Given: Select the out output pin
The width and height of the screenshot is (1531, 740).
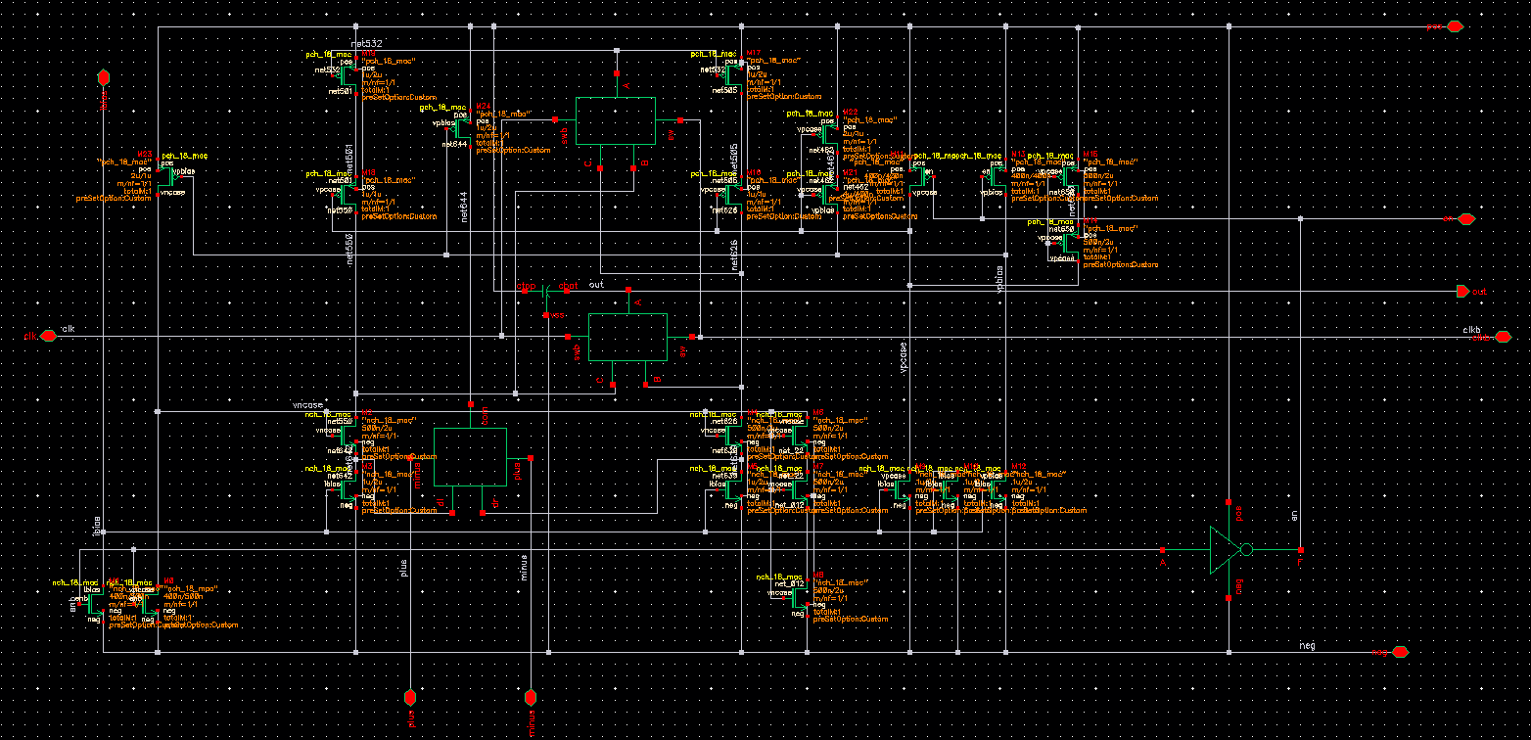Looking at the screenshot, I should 1462,291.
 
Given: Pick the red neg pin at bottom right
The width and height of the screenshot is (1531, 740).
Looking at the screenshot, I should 1401,652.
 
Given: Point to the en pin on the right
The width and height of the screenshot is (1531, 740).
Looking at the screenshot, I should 1465,219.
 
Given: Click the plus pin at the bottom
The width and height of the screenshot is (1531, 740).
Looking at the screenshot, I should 411,697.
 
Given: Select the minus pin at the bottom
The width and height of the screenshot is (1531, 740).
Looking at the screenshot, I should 531,697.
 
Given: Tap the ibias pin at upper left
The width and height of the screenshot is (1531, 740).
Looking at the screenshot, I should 103,77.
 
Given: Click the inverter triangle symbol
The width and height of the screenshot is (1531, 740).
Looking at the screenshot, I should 1225,550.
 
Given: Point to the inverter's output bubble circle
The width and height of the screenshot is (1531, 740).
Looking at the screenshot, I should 1246,550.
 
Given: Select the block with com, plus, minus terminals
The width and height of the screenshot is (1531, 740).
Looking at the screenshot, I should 470,456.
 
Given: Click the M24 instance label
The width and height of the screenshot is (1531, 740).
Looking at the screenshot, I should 482,105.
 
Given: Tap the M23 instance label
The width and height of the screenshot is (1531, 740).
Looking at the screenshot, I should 145,153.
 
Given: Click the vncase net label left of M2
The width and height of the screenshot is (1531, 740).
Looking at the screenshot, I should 308,403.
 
